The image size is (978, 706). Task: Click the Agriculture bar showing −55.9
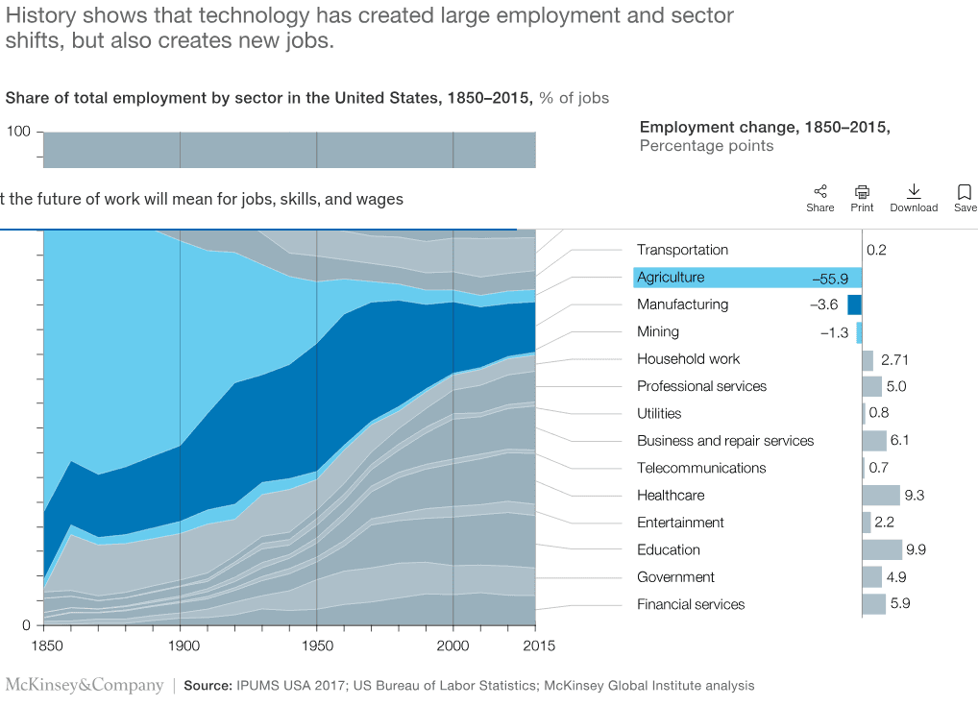[x=747, y=278]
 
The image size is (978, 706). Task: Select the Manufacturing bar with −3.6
[x=854, y=304]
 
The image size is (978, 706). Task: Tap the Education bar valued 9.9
[x=882, y=549]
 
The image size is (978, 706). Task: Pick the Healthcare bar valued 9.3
[x=881, y=496]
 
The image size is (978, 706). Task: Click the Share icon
[x=820, y=192]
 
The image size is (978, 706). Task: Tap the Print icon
[x=862, y=192]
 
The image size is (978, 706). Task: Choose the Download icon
[x=914, y=192]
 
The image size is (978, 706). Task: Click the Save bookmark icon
[x=965, y=192]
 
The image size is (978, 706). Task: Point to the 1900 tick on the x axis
[x=181, y=645]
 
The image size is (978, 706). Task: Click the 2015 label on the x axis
[x=535, y=645]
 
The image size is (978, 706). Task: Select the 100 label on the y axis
[x=19, y=132]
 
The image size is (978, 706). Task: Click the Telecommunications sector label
[x=701, y=468]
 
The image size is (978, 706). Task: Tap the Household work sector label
[x=688, y=359]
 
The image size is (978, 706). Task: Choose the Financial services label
[x=691, y=604]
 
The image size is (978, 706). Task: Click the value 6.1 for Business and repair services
[x=900, y=441]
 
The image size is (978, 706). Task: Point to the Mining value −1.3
[x=834, y=332]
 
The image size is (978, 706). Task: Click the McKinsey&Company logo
[x=85, y=685]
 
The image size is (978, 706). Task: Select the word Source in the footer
[x=206, y=686]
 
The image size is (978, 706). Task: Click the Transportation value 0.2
[x=876, y=250]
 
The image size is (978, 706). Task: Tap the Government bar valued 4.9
[x=871, y=577]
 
